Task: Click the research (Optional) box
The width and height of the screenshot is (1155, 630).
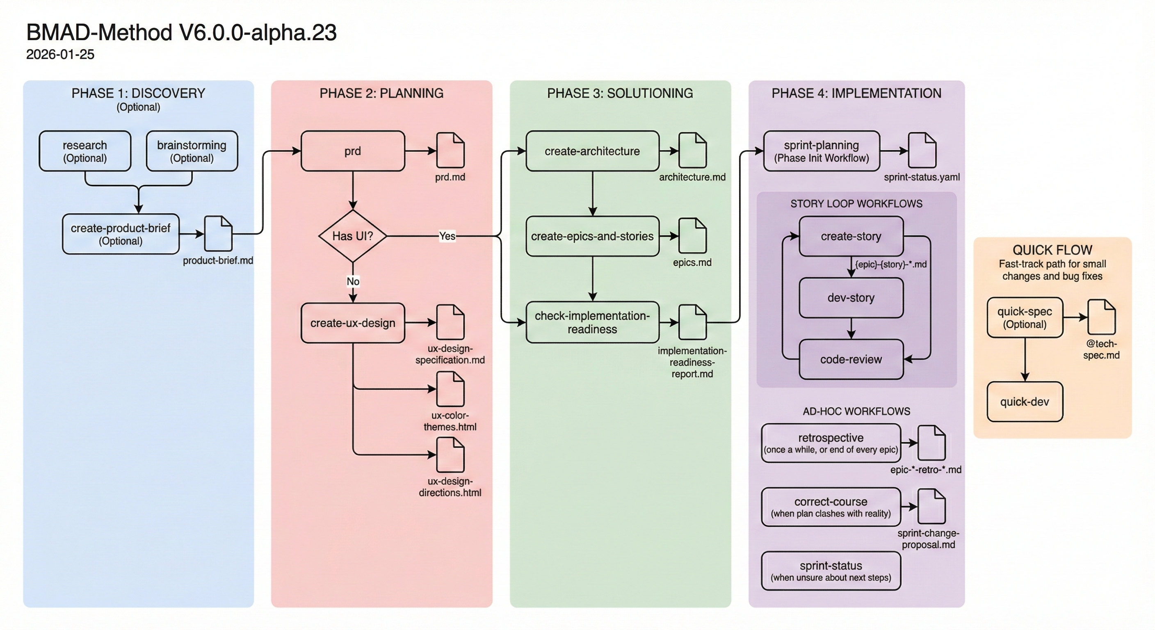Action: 85,151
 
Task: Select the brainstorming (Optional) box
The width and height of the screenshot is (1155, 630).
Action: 192,151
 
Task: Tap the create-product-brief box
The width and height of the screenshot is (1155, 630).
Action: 121,234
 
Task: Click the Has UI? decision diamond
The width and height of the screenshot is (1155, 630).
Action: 353,236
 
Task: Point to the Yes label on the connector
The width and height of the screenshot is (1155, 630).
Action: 447,236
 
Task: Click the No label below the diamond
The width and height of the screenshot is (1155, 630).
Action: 353,281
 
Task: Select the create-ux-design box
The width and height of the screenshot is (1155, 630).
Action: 353,323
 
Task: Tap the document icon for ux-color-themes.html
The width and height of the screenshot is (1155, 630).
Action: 450,389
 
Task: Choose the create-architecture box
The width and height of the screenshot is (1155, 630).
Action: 592,151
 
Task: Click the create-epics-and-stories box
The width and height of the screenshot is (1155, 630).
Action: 592,236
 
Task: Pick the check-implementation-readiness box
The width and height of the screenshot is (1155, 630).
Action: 592,322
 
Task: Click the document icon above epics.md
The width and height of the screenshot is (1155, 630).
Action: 692,236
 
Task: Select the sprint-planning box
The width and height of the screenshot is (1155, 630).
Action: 822,151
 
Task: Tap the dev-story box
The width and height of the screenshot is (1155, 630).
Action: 851,298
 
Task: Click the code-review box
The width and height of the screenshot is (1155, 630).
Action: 851,359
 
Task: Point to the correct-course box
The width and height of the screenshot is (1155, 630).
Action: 831,507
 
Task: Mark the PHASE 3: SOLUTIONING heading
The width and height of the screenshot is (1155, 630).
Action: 620,93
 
